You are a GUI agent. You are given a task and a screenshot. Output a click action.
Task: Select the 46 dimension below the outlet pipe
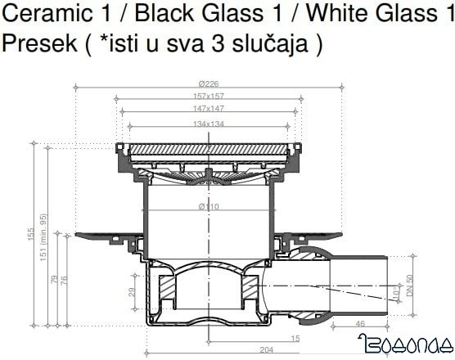(x=360, y=325)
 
